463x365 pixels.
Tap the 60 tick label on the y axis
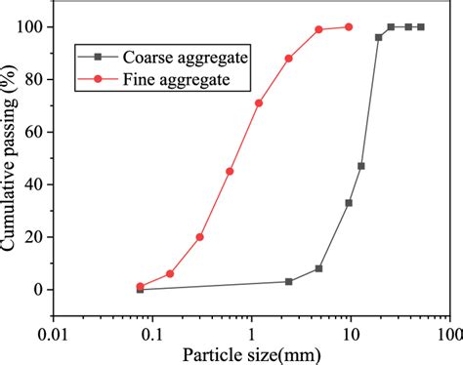coord(37,132)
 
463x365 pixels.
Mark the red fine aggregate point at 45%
coord(230,171)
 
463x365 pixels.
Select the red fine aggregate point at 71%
coord(259,102)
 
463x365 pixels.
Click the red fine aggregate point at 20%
coord(199,237)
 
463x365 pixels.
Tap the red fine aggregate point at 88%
coord(288,58)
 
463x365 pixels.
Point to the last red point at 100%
coord(349,26)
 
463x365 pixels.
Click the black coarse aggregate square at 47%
coord(360,166)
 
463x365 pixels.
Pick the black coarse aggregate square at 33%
coord(349,203)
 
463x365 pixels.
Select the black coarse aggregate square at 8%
coord(318,268)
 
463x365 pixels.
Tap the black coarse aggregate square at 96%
coord(378,37)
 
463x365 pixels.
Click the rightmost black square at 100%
coord(421,26)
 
